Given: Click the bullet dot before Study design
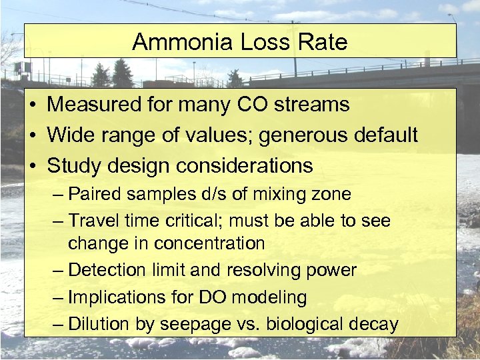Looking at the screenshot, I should coord(32,166).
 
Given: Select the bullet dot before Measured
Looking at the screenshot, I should coord(32,105).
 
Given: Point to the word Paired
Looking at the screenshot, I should coord(93,194).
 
